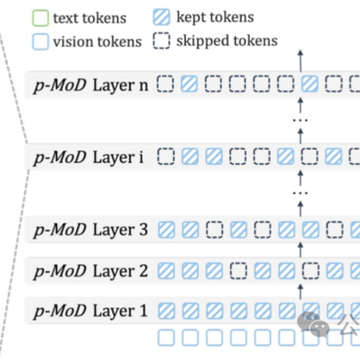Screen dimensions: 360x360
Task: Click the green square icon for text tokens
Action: click(x=41, y=18)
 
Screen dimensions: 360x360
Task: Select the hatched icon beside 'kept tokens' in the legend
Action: click(x=162, y=18)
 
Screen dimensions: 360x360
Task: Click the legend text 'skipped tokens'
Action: click(x=226, y=41)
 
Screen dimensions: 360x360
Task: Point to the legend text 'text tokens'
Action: click(x=90, y=18)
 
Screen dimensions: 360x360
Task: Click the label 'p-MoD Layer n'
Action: click(x=91, y=85)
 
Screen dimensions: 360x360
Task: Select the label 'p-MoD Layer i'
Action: click(x=88, y=157)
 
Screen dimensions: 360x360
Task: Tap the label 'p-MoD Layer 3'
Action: click(x=91, y=230)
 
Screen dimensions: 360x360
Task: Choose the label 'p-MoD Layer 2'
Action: click(x=91, y=271)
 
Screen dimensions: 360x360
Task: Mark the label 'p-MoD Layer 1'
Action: click(x=91, y=311)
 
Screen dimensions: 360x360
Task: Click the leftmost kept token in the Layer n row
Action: click(x=189, y=84)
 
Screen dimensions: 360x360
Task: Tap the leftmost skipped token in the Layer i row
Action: click(x=165, y=157)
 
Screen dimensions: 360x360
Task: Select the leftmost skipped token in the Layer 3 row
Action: click(x=213, y=229)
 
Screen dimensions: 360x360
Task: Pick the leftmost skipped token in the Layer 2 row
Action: click(x=237, y=270)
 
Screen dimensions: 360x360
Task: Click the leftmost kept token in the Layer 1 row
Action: click(x=166, y=311)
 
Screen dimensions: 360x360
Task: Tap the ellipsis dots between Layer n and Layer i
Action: click(x=300, y=120)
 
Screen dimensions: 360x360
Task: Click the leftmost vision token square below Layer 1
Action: click(x=166, y=337)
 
